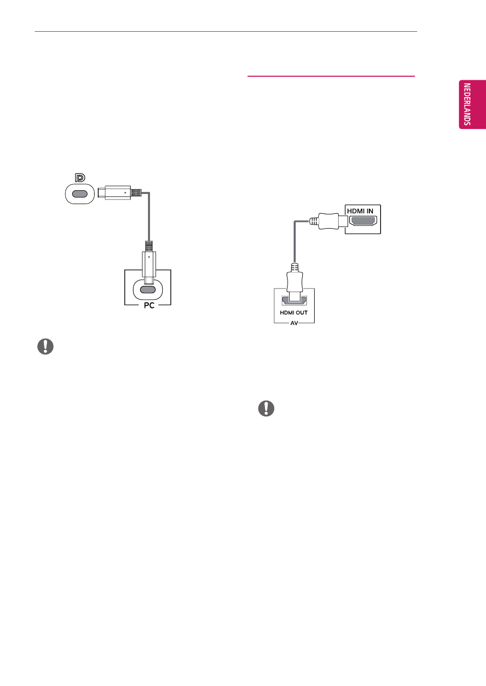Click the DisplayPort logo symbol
(80, 178)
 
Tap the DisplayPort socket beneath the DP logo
(80, 194)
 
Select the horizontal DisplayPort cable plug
(119, 193)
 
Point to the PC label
(149, 305)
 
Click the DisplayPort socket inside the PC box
(148, 290)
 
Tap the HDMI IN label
(360, 211)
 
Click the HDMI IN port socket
(363, 221)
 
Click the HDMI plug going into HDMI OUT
(295, 282)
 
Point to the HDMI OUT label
(294, 313)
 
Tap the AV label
(294, 323)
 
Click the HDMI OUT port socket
(294, 301)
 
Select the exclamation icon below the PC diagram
(46, 347)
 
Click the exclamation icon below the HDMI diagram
(266, 409)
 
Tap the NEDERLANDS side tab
(472, 104)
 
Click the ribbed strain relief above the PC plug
(149, 246)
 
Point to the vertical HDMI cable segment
(295, 242)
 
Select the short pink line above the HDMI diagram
(331, 76)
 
